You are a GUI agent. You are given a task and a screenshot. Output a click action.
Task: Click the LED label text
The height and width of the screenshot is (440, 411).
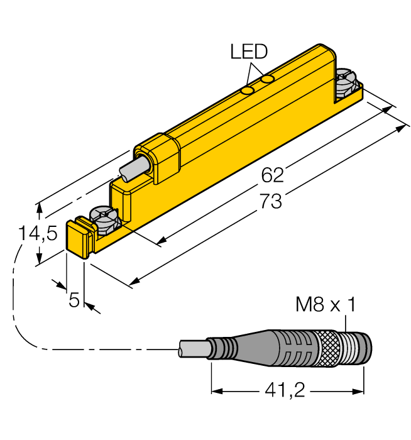point(249,52)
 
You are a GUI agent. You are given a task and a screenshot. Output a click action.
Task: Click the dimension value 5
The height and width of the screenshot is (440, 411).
point(74,301)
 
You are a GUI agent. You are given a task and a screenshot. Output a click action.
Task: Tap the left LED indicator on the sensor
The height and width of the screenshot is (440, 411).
point(248,91)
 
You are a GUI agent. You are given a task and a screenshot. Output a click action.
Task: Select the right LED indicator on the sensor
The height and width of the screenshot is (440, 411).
point(268,79)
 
